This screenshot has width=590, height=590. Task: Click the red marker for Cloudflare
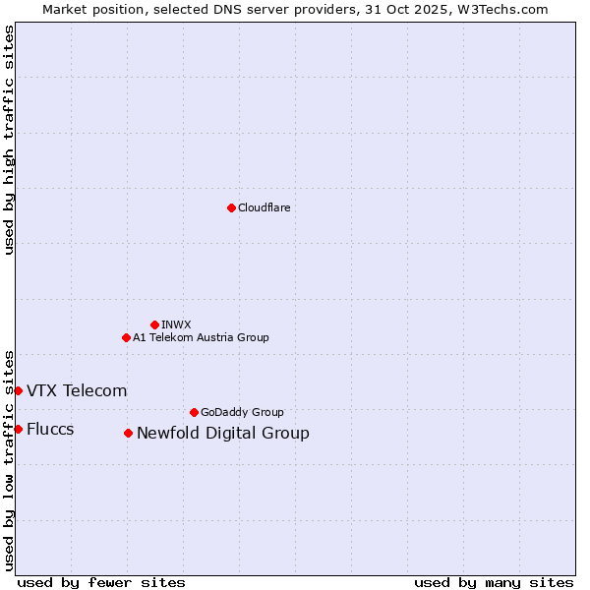(x=231, y=207)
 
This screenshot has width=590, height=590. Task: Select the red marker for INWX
(x=154, y=324)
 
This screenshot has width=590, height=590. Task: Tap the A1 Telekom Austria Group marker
(x=126, y=337)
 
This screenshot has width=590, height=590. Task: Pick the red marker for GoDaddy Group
(x=194, y=412)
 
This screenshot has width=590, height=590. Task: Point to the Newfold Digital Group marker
(x=128, y=433)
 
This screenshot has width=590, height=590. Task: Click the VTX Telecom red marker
(x=18, y=390)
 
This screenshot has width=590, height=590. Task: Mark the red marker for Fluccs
(x=18, y=429)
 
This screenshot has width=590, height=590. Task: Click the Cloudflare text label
(x=264, y=207)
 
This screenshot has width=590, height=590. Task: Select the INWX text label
(x=176, y=324)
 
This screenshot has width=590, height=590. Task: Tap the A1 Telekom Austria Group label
(x=201, y=337)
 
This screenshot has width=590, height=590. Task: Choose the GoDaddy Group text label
(x=242, y=412)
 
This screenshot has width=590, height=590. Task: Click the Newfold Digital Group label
(x=222, y=434)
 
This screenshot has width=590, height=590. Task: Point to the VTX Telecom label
(x=77, y=391)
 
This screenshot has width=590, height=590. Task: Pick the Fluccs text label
(x=50, y=430)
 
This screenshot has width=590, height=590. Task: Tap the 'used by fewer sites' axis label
(x=101, y=582)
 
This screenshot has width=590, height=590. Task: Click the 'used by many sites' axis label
(x=494, y=582)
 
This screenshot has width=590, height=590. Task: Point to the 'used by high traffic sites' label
(x=9, y=140)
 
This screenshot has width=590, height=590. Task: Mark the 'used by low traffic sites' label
(x=9, y=459)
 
